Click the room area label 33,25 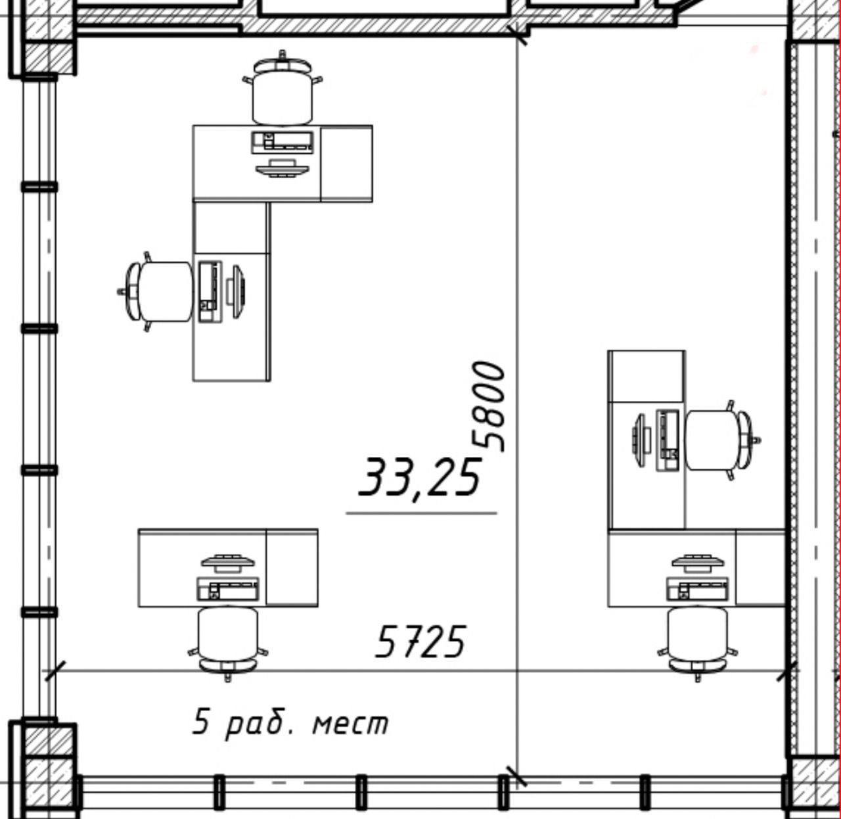[420, 479]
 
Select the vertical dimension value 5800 [489, 407]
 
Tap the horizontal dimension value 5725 [420, 642]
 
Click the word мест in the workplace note [350, 724]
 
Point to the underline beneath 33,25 [421, 513]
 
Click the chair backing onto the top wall [283, 88]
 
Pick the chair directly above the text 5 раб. [228, 643]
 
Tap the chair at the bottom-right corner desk [698, 644]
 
